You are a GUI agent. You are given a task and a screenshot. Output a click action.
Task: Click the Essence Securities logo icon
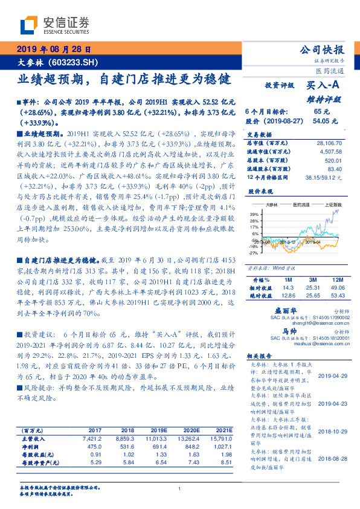pos(30,25)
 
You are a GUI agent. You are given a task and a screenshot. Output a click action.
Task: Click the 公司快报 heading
pos(322,50)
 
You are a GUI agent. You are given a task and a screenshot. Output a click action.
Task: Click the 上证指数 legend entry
pos(334,206)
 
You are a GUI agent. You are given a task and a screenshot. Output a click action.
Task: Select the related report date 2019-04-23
pos(332,403)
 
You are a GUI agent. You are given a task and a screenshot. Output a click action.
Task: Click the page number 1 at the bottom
pos(180,490)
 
